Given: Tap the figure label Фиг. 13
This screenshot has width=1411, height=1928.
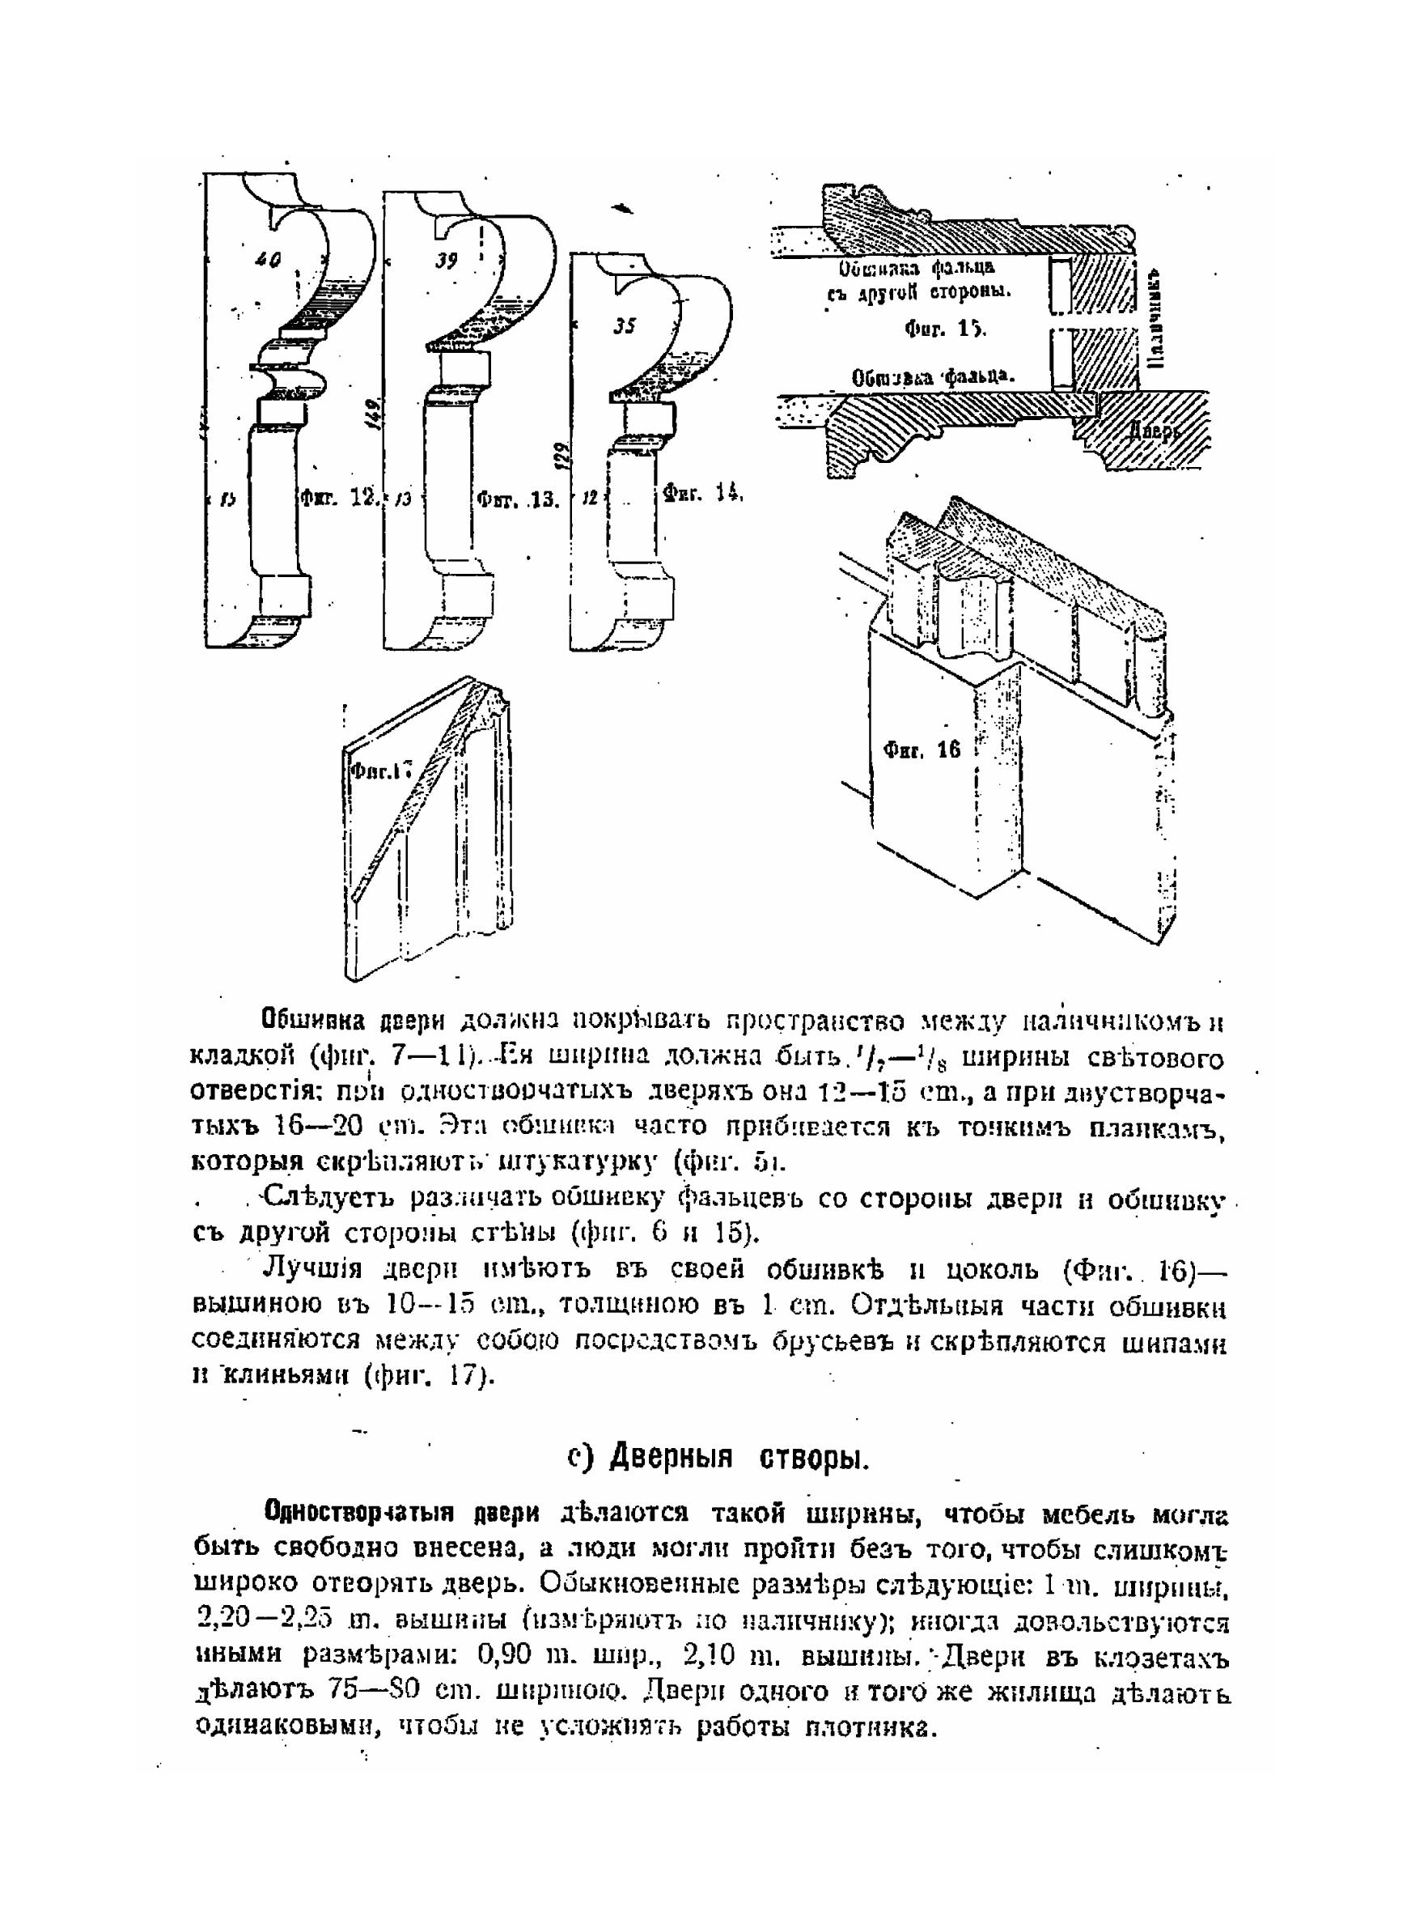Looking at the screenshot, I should (x=517, y=499).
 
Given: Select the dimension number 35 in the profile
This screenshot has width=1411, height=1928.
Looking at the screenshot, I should (x=625, y=325).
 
